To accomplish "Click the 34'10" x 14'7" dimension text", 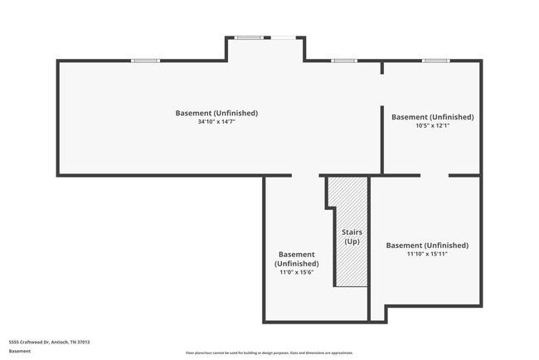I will (216, 122).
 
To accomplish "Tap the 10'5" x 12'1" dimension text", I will (432, 126).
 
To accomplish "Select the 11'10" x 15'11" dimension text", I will (427, 254).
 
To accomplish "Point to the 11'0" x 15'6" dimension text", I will (296, 271).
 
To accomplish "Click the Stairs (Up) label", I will (352, 236).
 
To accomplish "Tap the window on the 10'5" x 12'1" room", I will (435, 61).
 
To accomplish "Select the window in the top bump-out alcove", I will (249, 37).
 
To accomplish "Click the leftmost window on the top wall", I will (145, 61).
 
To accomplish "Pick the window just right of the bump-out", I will (343, 61).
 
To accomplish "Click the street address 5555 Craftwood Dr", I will (29, 341).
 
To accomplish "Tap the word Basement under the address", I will (20, 351).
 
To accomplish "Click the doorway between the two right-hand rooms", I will (434, 175).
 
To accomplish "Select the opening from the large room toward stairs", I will (305, 175).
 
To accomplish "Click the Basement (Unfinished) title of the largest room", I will (216, 113).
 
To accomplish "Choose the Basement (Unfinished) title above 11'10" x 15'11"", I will (427, 245).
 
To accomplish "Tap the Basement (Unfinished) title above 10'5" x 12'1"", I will (432, 117).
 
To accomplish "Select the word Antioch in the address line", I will (60, 341).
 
